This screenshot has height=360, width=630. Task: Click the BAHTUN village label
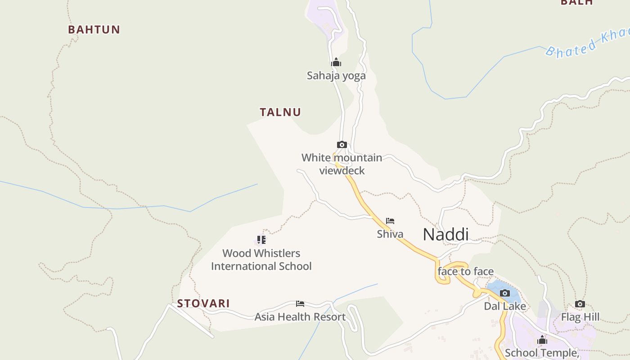(x=94, y=30)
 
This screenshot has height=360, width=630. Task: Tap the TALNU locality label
(x=280, y=112)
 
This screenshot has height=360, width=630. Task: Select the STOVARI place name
(x=203, y=303)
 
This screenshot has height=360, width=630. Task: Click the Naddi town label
(x=445, y=234)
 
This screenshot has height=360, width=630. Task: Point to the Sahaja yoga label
(x=336, y=76)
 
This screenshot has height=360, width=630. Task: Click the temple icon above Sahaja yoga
(x=336, y=63)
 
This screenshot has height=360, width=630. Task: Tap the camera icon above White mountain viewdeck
(x=342, y=144)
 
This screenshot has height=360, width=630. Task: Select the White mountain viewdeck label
(x=342, y=164)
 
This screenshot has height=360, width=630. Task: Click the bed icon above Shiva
(x=390, y=221)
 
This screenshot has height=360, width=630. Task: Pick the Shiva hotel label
(x=390, y=234)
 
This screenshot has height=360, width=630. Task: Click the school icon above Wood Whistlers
(x=261, y=239)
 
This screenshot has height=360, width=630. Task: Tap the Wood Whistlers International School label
(x=261, y=260)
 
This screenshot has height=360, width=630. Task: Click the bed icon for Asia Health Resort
(x=300, y=304)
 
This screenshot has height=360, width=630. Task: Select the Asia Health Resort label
(x=300, y=317)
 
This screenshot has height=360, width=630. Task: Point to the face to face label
(x=466, y=271)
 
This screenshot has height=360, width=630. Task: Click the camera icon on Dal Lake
(x=505, y=293)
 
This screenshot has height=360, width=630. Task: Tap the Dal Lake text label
(x=505, y=306)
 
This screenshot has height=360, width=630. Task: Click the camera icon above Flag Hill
(x=580, y=304)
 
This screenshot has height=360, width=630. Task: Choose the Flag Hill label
(x=580, y=317)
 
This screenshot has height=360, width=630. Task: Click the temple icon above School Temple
(x=542, y=340)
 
